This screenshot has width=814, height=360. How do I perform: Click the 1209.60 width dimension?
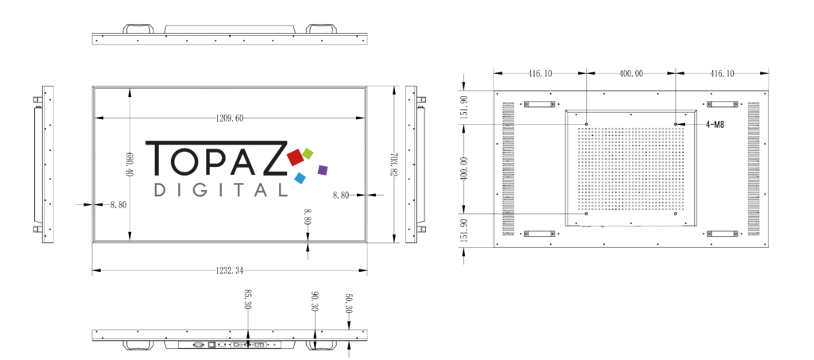click(x=229, y=118)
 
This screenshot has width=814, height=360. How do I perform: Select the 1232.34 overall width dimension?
click(x=229, y=271)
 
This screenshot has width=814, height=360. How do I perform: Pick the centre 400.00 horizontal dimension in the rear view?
click(x=631, y=74)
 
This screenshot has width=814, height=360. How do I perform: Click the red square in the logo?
click(x=296, y=156)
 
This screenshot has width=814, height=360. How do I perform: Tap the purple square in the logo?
click(x=322, y=169)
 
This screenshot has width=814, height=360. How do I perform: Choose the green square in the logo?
click(x=308, y=153)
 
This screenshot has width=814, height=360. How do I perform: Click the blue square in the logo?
click(x=300, y=178)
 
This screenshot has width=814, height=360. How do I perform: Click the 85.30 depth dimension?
click(x=247, y=300)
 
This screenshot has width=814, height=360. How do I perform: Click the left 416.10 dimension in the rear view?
click(x=539, y=74)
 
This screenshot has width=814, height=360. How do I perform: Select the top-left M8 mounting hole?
click(x=586, y=124)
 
